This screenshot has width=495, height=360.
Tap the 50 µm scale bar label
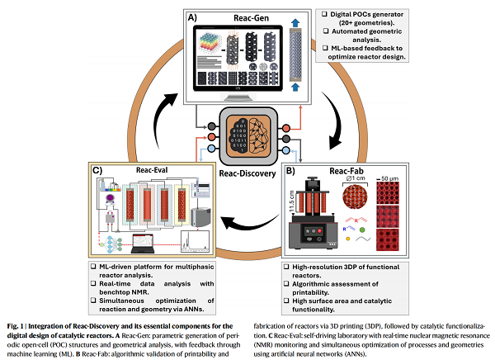pos(403,178)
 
